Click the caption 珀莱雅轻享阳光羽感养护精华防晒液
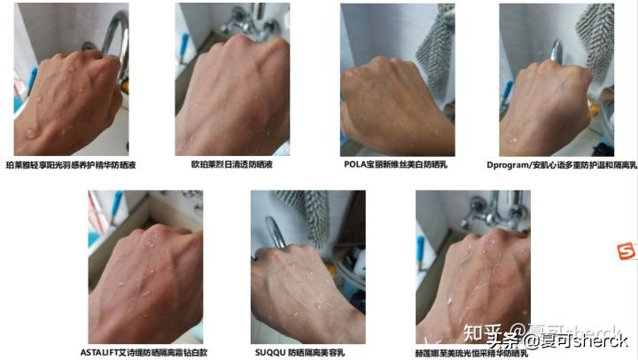coord(71,165)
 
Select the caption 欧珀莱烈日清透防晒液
coord(232,165)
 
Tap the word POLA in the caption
coord(354,165)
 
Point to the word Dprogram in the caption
coord(508,165)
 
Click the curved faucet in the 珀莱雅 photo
coord(112,35)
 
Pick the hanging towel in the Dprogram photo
coord(595,40)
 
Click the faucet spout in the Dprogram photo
coord(556,51)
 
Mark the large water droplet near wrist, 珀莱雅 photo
coord(32,133)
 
